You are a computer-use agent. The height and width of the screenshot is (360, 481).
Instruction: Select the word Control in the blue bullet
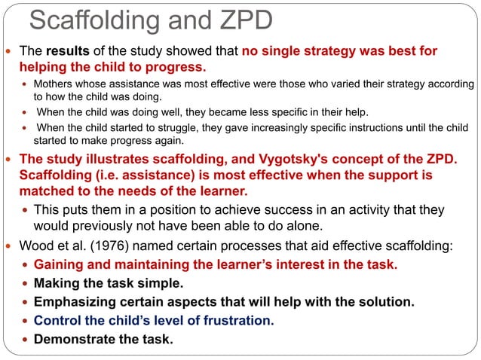57,321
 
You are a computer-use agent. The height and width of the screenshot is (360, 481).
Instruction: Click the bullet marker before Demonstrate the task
25,340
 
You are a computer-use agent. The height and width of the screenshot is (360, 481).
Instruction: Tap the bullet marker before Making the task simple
25,284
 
